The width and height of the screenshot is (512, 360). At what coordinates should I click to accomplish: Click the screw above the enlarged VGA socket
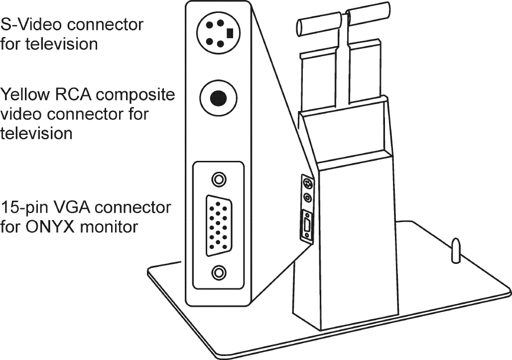coord(218,179)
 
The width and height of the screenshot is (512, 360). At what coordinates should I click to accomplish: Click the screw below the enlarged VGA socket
coord(218,272)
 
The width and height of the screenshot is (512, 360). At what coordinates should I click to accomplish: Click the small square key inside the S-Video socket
coord(230,33)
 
